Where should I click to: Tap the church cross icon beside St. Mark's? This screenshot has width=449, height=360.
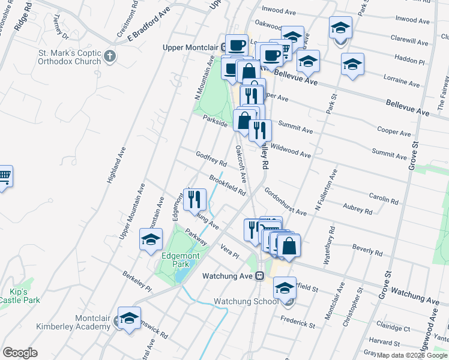click(109, 57)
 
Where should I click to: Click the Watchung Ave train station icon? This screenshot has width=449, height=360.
click(260, 276)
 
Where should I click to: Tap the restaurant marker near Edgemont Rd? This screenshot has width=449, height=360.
click(194, 199)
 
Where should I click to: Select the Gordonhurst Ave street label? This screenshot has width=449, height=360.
click(285, 204)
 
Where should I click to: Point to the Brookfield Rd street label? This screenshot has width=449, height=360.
click(228, 185)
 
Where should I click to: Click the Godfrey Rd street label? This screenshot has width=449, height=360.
click(211, 159)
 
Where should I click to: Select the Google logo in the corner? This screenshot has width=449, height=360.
click(20, 353)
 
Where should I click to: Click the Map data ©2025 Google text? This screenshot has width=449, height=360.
click(412, 355)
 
